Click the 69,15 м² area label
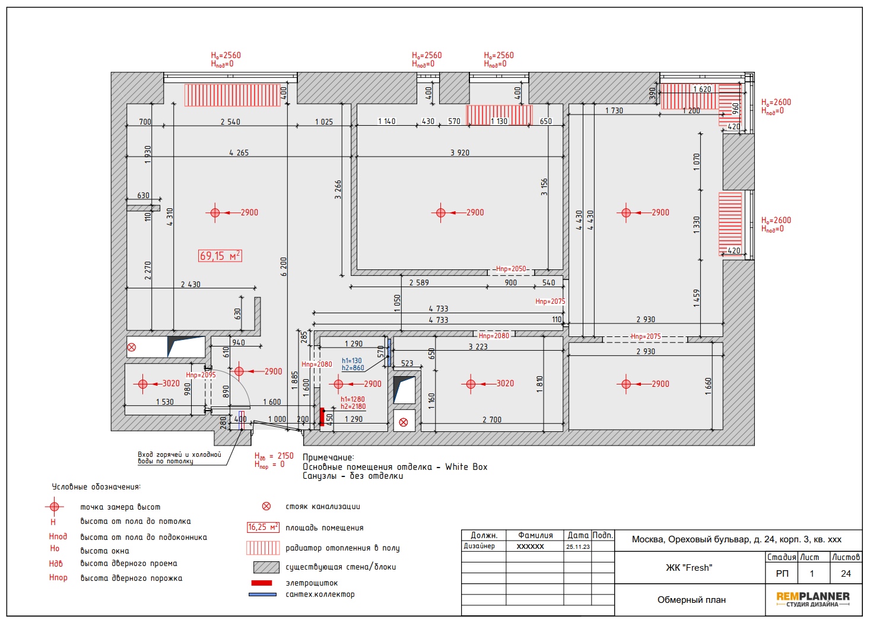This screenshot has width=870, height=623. (220, 256)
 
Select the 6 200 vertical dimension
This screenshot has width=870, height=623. (284, 266)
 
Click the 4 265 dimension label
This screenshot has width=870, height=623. (239, 152)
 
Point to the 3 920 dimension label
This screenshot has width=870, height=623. (460, 152)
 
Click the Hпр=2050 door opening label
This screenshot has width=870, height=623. (511, 269)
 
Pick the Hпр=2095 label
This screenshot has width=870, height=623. (201, 375)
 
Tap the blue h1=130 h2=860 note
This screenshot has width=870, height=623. (353, 364)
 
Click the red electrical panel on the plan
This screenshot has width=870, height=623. (322, 417)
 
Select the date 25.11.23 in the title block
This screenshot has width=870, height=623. (578, 546)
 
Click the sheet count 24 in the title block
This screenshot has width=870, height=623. (846, 574)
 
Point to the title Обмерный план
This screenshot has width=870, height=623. (691, 600)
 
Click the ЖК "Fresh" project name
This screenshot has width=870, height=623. (689, 568)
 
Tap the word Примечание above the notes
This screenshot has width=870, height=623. (328, 457)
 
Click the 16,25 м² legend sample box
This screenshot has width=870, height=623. (263, 527)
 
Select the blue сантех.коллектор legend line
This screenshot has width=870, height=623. (262, 595)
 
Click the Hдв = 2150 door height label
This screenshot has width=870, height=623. (274, 456)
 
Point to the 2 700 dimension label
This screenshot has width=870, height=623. (492, 419)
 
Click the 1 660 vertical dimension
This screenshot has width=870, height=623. (709, 386)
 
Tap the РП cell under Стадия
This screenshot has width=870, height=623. (782, 574)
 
